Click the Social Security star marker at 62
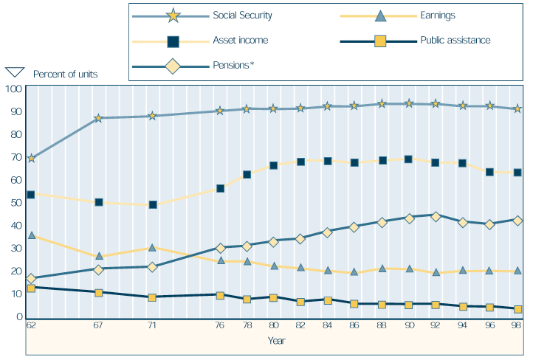(31, 158)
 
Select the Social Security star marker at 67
(99, 117)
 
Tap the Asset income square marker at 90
(409, 159)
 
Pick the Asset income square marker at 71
(153, 204)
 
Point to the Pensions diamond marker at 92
(436, 216)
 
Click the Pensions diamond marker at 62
(31, 279)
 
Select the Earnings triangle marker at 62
(31, 235)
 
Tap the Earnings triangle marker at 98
(517, 271)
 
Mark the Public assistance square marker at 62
(31, 288)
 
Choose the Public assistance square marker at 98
(517, 309)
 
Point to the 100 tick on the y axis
(13, 89)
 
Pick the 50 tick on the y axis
(13, 203)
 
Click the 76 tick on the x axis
(220, 325)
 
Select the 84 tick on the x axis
(328, 325)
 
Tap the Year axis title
(277, 341)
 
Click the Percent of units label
(66, 74)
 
